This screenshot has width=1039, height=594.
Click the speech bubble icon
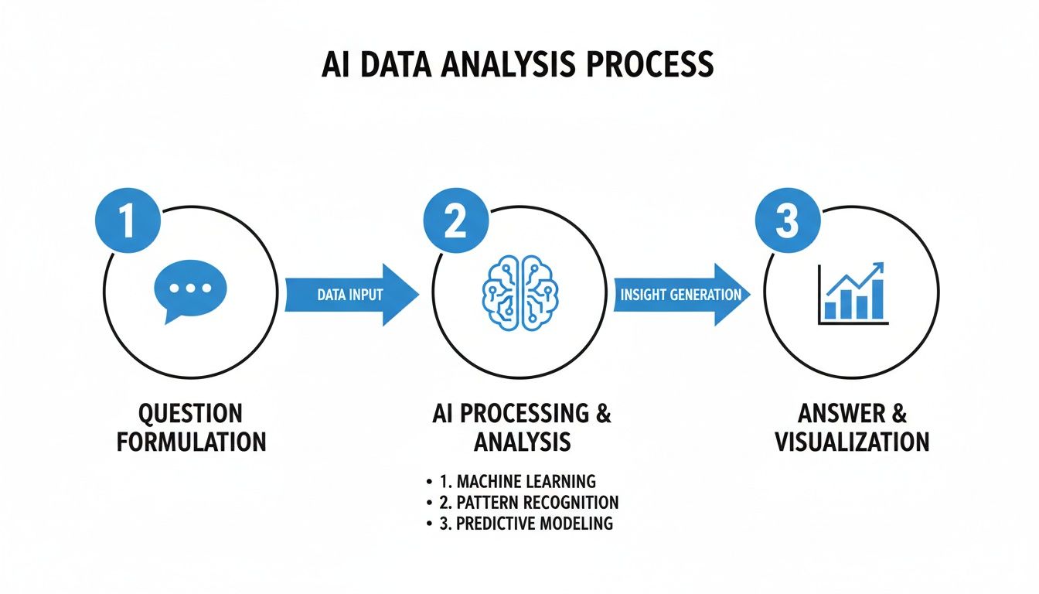[x=189, y=290]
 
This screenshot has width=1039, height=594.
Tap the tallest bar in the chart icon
[x=876, y=299]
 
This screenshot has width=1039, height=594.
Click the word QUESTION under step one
[x=190, y=412]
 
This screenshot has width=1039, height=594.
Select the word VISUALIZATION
[x=851, y=442]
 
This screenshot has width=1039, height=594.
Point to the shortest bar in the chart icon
[x=829, y=310]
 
